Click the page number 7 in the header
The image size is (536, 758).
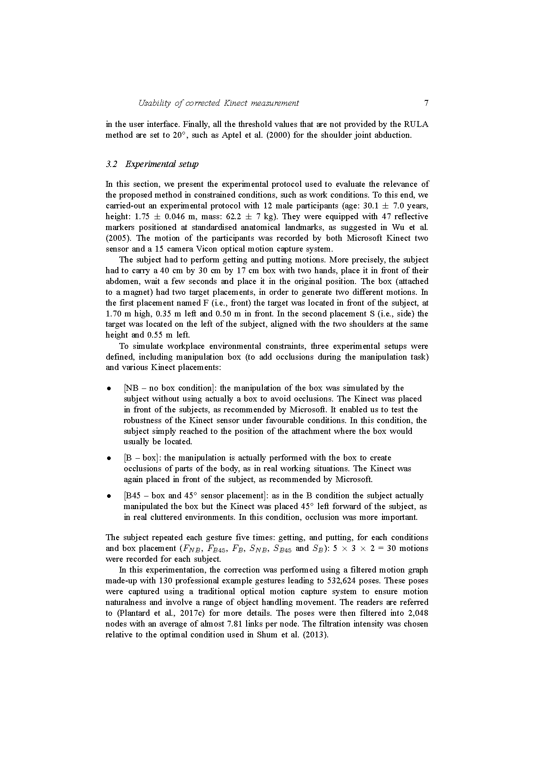(x=426, y=103)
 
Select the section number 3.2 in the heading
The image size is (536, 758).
(x=111, y=164)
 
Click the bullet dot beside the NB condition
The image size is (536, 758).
(x=108, y=388)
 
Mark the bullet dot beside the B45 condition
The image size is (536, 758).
(x=108, y=496)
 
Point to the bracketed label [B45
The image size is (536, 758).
(x=132, y=496)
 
